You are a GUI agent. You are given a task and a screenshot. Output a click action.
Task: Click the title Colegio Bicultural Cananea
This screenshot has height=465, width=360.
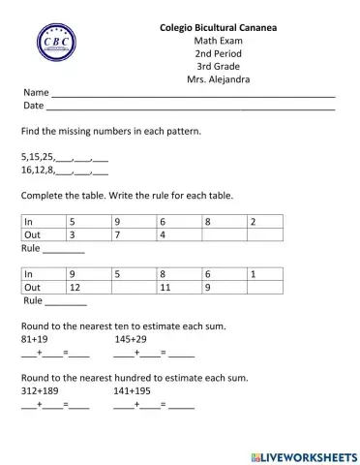coord(218,29)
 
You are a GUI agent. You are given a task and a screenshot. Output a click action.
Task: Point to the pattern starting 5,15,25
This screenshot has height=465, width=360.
coord(64,156)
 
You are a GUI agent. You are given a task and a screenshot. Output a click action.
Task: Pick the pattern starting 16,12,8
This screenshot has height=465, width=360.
coord(64,170)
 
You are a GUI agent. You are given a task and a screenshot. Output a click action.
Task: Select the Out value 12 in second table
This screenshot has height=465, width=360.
coord(75,288)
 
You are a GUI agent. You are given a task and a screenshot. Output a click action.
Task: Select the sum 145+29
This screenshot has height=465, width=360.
coord(130,340)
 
